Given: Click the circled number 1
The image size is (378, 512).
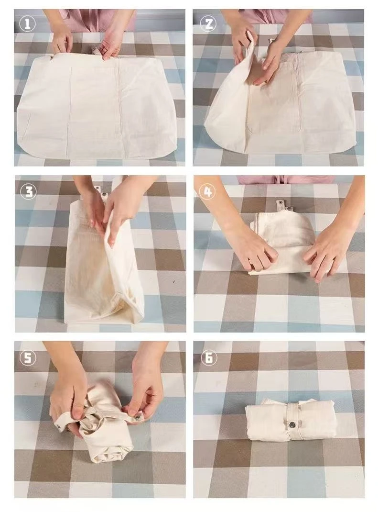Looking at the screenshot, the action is point(27,24).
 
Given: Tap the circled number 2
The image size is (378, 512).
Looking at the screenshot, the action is point(208,24).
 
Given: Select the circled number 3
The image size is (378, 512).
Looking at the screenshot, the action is point(28,191).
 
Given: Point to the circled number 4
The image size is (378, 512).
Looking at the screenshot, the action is point(208,191).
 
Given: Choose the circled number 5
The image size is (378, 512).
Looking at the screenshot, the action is point(28,358).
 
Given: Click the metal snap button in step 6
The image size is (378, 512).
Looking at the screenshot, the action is point(292,424).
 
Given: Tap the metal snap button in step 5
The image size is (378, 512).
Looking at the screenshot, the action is point(138,416).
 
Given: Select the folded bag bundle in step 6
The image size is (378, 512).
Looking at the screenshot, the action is point(290,420).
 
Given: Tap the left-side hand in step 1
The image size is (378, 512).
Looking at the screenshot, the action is point(62,41).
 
